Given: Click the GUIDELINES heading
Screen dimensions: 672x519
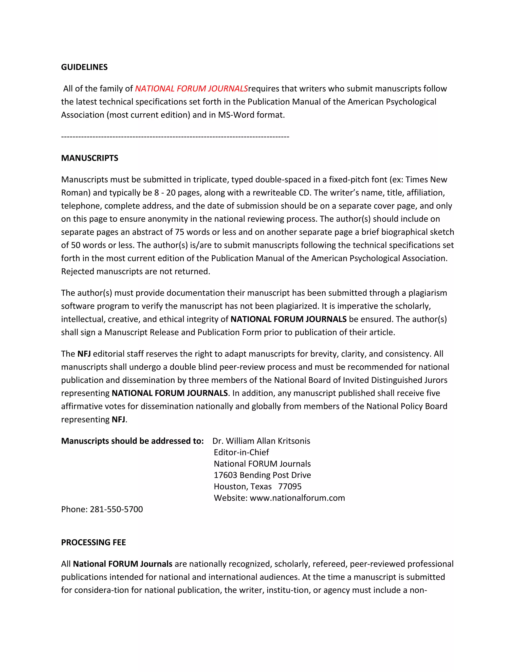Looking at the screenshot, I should coord(84,67).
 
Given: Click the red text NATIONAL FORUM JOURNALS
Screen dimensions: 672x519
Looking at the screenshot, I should coord(191,89).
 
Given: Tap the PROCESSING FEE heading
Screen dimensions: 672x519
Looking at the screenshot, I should coord(94,542).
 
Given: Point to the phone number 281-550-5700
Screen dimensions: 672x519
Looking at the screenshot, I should coord(116,509).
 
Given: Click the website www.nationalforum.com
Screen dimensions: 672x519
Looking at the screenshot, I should coord(297,498).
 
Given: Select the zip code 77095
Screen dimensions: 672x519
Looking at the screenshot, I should coord(290,486).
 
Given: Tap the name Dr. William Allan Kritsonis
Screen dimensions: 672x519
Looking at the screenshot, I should coord(261,441).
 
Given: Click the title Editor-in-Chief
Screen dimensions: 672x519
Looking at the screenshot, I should coord(241,452).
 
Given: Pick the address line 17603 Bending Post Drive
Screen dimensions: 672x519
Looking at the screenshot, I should coord(262,475).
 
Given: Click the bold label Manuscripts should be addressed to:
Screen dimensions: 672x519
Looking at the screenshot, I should coord(132,441).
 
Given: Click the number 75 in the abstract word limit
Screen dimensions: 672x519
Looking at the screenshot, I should coord(180,232).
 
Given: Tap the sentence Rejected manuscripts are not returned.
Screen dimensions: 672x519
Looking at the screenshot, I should coord(136,271).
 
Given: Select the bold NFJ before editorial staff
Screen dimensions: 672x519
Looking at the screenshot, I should coord(84,354).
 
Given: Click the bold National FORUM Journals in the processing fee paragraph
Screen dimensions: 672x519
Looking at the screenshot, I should coord(122,564).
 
